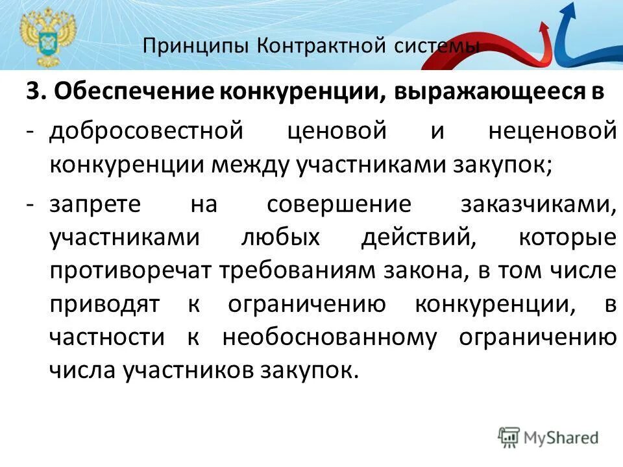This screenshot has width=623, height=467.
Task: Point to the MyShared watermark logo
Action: (548, 438)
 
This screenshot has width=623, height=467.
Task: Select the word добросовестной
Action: (146, 130)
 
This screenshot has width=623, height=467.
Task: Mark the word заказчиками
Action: (537, 204)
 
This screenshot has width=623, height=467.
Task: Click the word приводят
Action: (105, 304)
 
